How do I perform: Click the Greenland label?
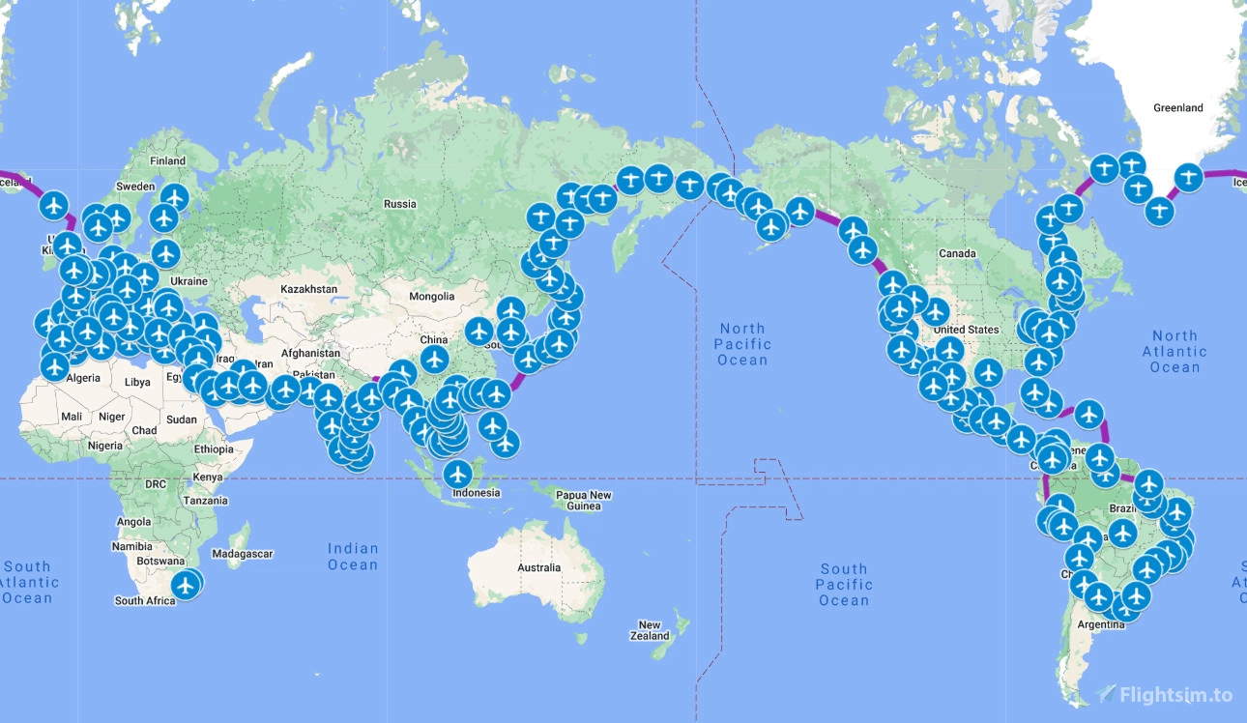[1177, 108]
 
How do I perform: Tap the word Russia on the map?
[399, 204]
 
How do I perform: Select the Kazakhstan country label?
[308, 289]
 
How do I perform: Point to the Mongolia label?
[431, 297]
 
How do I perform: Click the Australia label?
[538, 567]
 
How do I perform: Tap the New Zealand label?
[650, 630]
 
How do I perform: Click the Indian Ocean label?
[352, 557]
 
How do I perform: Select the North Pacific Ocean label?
[742, 344]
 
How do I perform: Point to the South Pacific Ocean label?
[844, 585]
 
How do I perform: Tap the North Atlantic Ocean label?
[1174, 352]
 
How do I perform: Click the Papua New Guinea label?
[584, 501]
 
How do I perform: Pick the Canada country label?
[957, 253]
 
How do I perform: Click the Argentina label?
[1101, 624]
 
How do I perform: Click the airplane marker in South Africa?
[185, 584]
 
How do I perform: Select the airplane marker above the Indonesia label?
[458, 474]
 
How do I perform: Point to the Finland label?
[167, 161]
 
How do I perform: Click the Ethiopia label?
[213, 449]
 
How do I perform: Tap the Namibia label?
[133, 546]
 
